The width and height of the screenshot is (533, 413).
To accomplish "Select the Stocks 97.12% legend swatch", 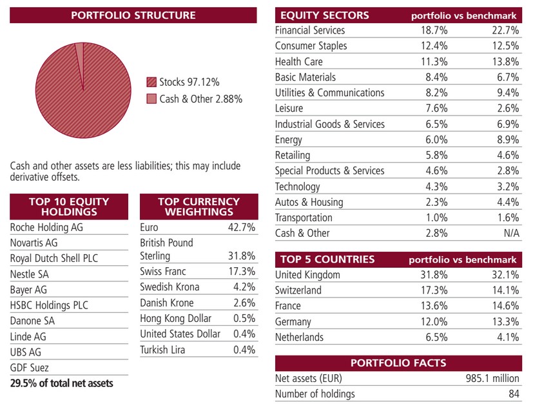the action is click(x=151, y=82).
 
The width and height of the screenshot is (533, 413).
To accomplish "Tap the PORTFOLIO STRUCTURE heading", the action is click(x=133, y=15).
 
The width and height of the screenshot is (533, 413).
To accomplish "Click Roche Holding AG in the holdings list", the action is click(x=46, y=227).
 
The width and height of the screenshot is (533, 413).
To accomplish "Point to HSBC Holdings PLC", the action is click(x=49, y=305).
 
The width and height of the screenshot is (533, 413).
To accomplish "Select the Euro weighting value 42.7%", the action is click(x=241, y=227).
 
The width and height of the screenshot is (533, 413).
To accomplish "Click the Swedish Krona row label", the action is click(x=170, y=287).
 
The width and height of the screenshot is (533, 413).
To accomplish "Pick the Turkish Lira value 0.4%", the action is click(x=244, y=349).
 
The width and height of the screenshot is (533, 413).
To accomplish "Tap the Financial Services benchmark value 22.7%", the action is click(x=505, y=30).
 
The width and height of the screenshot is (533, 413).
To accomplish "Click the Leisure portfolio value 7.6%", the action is click(x=436, y=108).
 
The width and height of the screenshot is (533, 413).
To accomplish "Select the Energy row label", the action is click(x=288, y=139).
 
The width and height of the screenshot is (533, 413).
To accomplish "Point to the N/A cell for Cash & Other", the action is click(x=512, y=233).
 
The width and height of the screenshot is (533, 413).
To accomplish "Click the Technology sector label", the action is click(x=297, y=186).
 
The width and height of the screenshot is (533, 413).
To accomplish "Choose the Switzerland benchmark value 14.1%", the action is click(x=505, y=290).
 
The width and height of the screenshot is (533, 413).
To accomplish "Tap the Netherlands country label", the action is click(x=299, y=337).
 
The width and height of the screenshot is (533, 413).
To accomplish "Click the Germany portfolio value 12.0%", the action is click(x=434, y=321).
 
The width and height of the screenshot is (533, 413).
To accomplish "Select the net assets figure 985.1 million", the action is click(x=492, y=378).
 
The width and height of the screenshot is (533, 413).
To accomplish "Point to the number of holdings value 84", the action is click(x=514, y=394).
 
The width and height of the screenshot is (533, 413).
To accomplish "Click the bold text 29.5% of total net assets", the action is click(x=61, y=383).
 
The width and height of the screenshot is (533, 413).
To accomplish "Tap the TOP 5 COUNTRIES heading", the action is click(x=327, y=259).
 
